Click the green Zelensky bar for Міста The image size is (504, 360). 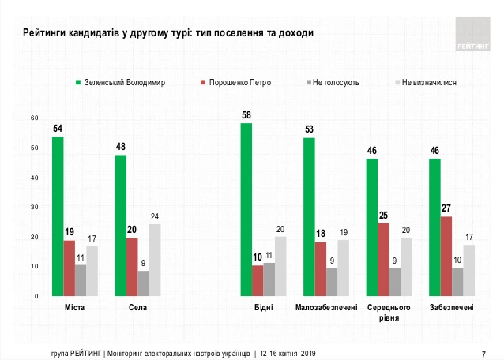tap(58, 216)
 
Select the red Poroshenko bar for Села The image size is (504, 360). tap(132, 267)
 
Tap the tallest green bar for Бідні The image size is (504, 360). tap(246, 209)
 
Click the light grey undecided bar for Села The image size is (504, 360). tap(154, 261)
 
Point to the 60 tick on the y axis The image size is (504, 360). tap(34, 118)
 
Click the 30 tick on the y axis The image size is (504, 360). tap(34, 208)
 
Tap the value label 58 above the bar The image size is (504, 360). tap(246, 115)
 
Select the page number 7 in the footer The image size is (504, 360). tap(483, 352)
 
